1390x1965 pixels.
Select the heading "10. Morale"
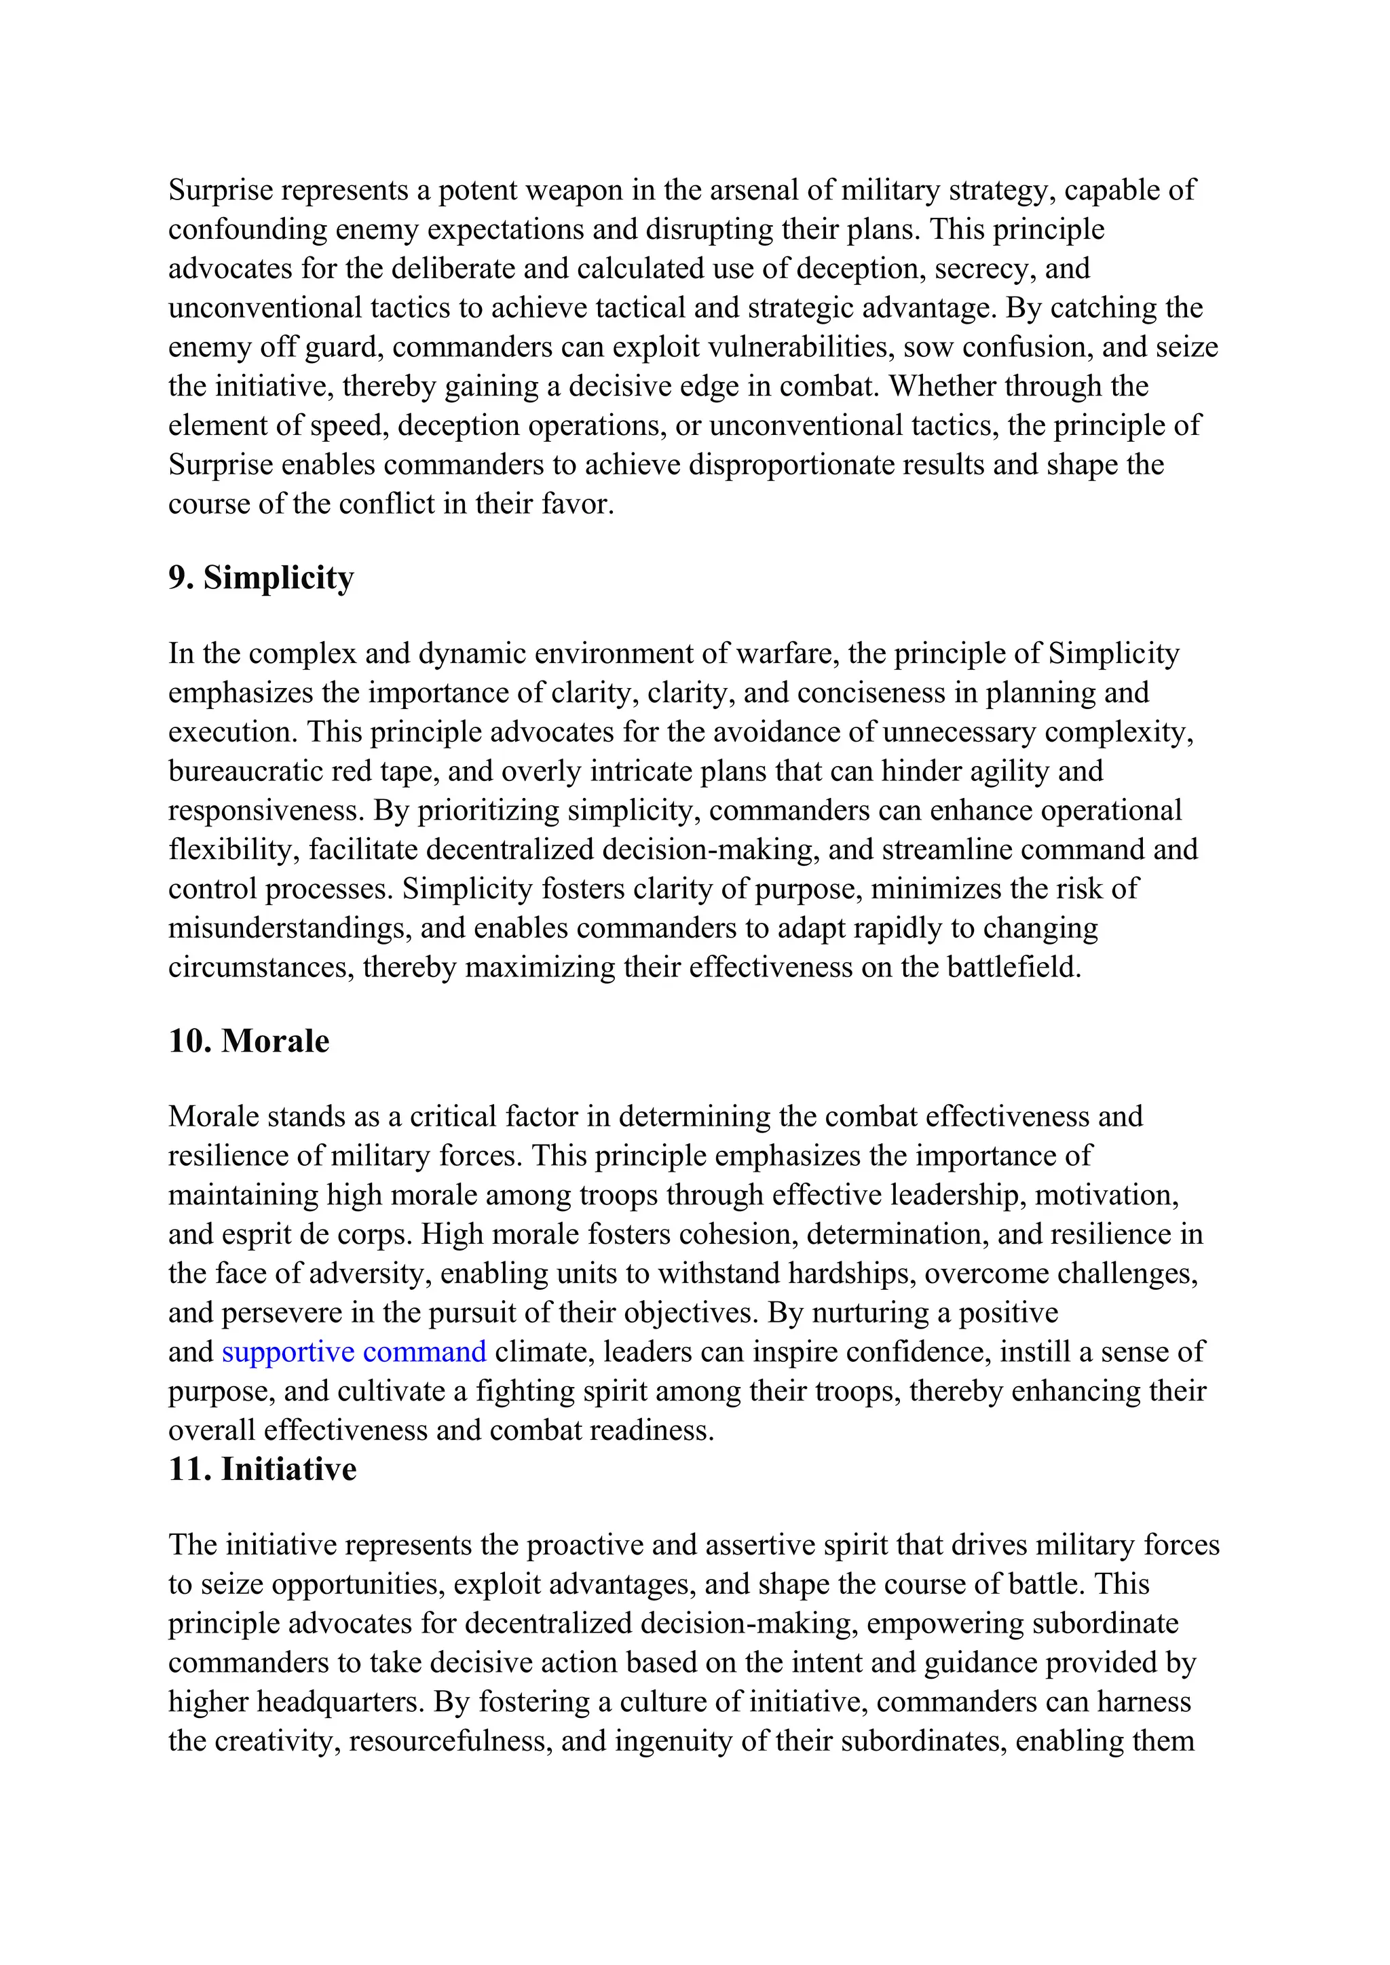click(x=248, y=1041)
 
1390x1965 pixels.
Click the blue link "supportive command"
click(x=354, y=1352)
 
